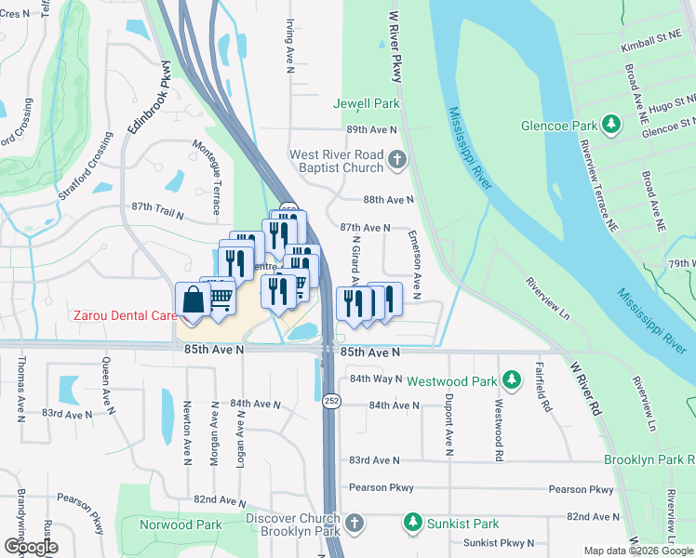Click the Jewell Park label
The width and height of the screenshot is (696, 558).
pyautogui.click(x=367, y=103)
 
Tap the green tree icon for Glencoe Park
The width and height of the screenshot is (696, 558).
pyautogui.click(x=611, y=124)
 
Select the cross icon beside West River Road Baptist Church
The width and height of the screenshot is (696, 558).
pyautogui.click(x=397, y=161)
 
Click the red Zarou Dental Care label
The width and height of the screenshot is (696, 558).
pyautogui.click(x=124, y=316)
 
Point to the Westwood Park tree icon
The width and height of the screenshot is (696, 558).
pyautogui.click(x=511, y=379)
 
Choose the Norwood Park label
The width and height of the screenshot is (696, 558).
pyautogui.click(x=181, y=525)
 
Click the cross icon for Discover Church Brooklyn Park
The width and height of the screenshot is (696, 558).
pyautogui.click(x=353, y=525)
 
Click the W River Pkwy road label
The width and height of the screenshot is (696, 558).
pyautogui.click(x=393, y=42)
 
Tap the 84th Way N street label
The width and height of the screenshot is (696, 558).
pyautogui.click(x=374, y=379)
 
